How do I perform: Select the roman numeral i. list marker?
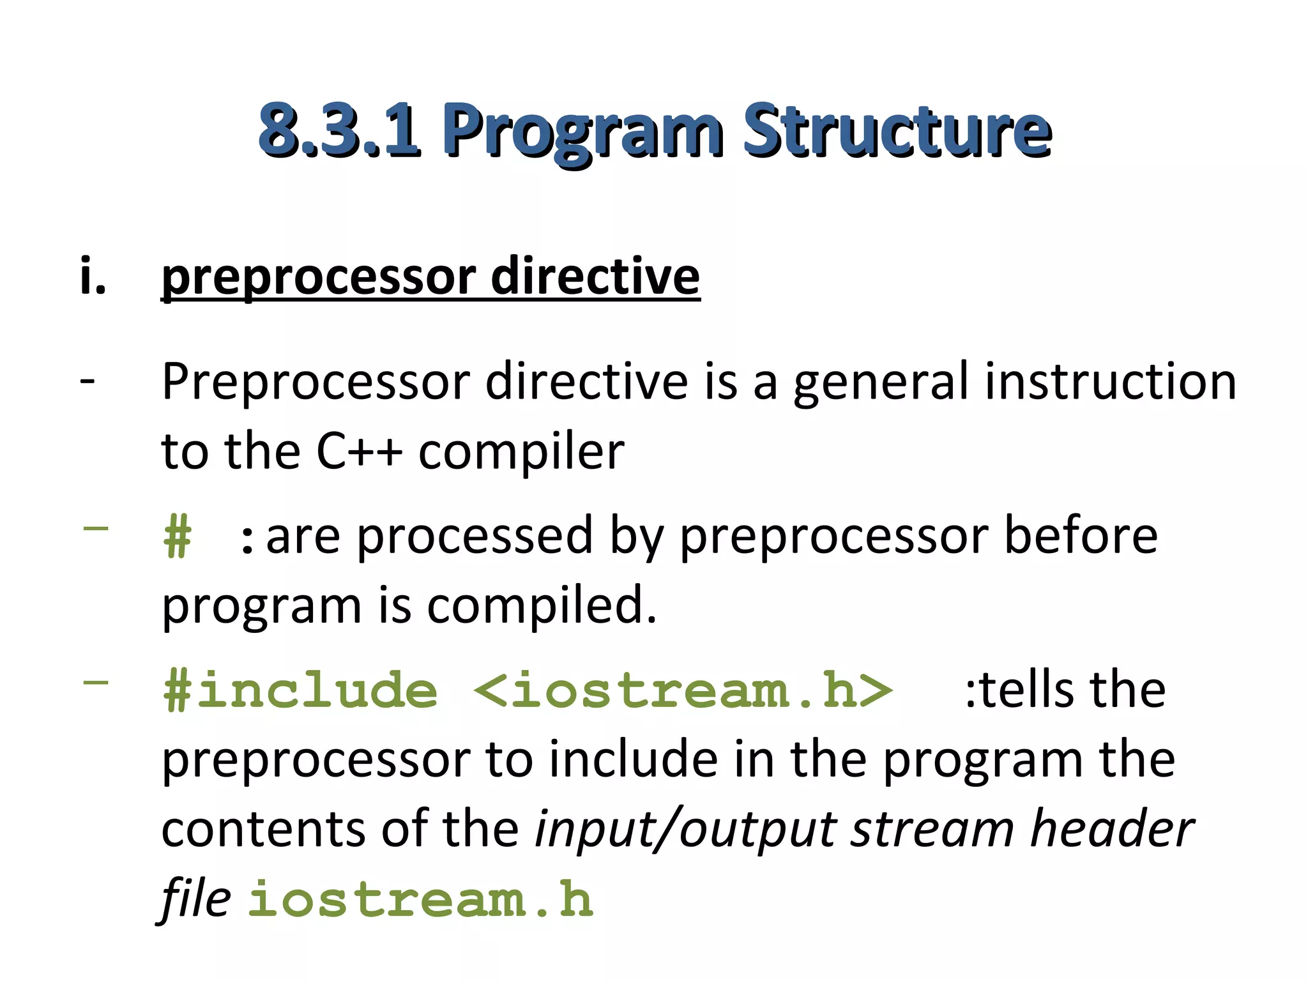(93, 277)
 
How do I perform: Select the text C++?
(360, 452)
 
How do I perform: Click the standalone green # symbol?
(177, 537)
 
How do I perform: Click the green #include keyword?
(300, 690)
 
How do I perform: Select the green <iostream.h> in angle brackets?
(683, 690)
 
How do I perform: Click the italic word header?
(1112, 829)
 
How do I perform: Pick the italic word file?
(195, 899)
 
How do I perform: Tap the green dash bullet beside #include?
(96, 682)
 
